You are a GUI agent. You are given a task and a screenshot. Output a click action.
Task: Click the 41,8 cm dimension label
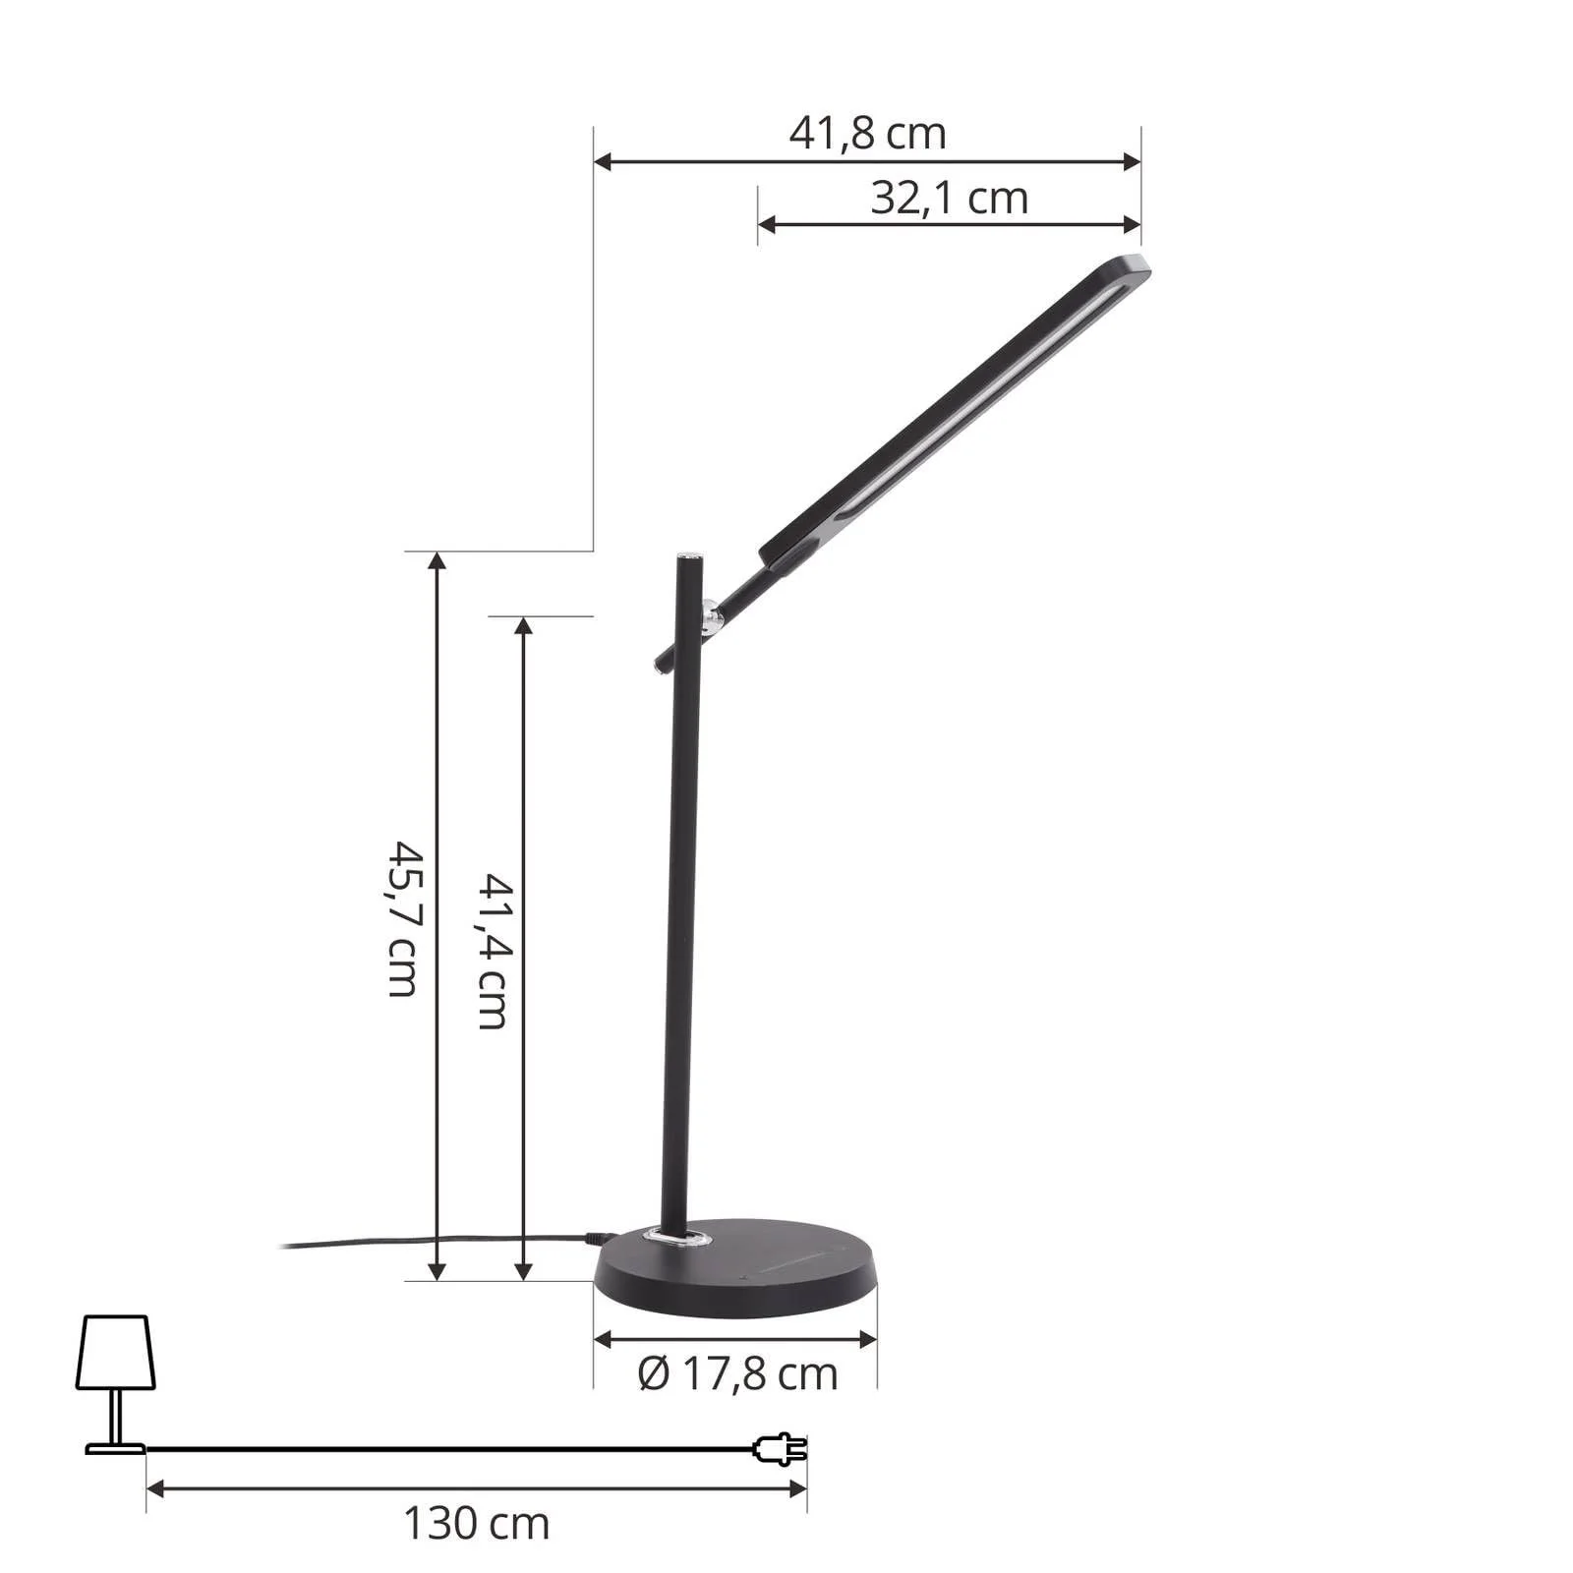tap(867, 133)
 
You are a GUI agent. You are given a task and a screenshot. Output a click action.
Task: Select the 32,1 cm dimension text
tap(949, 199)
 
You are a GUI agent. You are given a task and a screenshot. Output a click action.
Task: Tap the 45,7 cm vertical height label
tap(404, 918)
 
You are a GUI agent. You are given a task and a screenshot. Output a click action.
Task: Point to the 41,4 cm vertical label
tap(493, 951)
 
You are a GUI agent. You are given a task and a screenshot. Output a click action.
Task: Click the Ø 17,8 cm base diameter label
tap(737, 1373)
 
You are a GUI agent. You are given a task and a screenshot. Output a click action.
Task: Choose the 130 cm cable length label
tap(476, 1524)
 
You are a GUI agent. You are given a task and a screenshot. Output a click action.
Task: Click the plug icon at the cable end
tap(781, 1448)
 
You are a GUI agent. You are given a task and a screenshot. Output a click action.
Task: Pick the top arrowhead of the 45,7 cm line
tap(437, 561)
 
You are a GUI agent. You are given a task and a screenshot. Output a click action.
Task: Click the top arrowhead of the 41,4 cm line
tap(524, 626)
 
